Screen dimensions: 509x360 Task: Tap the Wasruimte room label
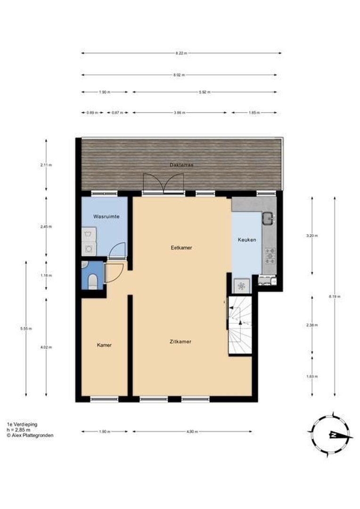(106, 216)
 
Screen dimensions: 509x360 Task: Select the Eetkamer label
(181, 247)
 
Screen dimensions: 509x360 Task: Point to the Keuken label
(247, 240)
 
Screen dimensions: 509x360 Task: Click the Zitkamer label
(180, 342)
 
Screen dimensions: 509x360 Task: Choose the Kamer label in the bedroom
(104, 345)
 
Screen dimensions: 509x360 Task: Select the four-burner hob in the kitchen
(270, 255)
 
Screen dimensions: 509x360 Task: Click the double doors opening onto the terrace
(164, 183)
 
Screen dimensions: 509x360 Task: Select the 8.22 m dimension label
(181, 53)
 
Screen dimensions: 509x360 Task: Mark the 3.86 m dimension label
(179, 113)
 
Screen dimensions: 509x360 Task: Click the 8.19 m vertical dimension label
(335, 296)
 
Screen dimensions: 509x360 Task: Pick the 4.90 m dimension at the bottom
(192, 431)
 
